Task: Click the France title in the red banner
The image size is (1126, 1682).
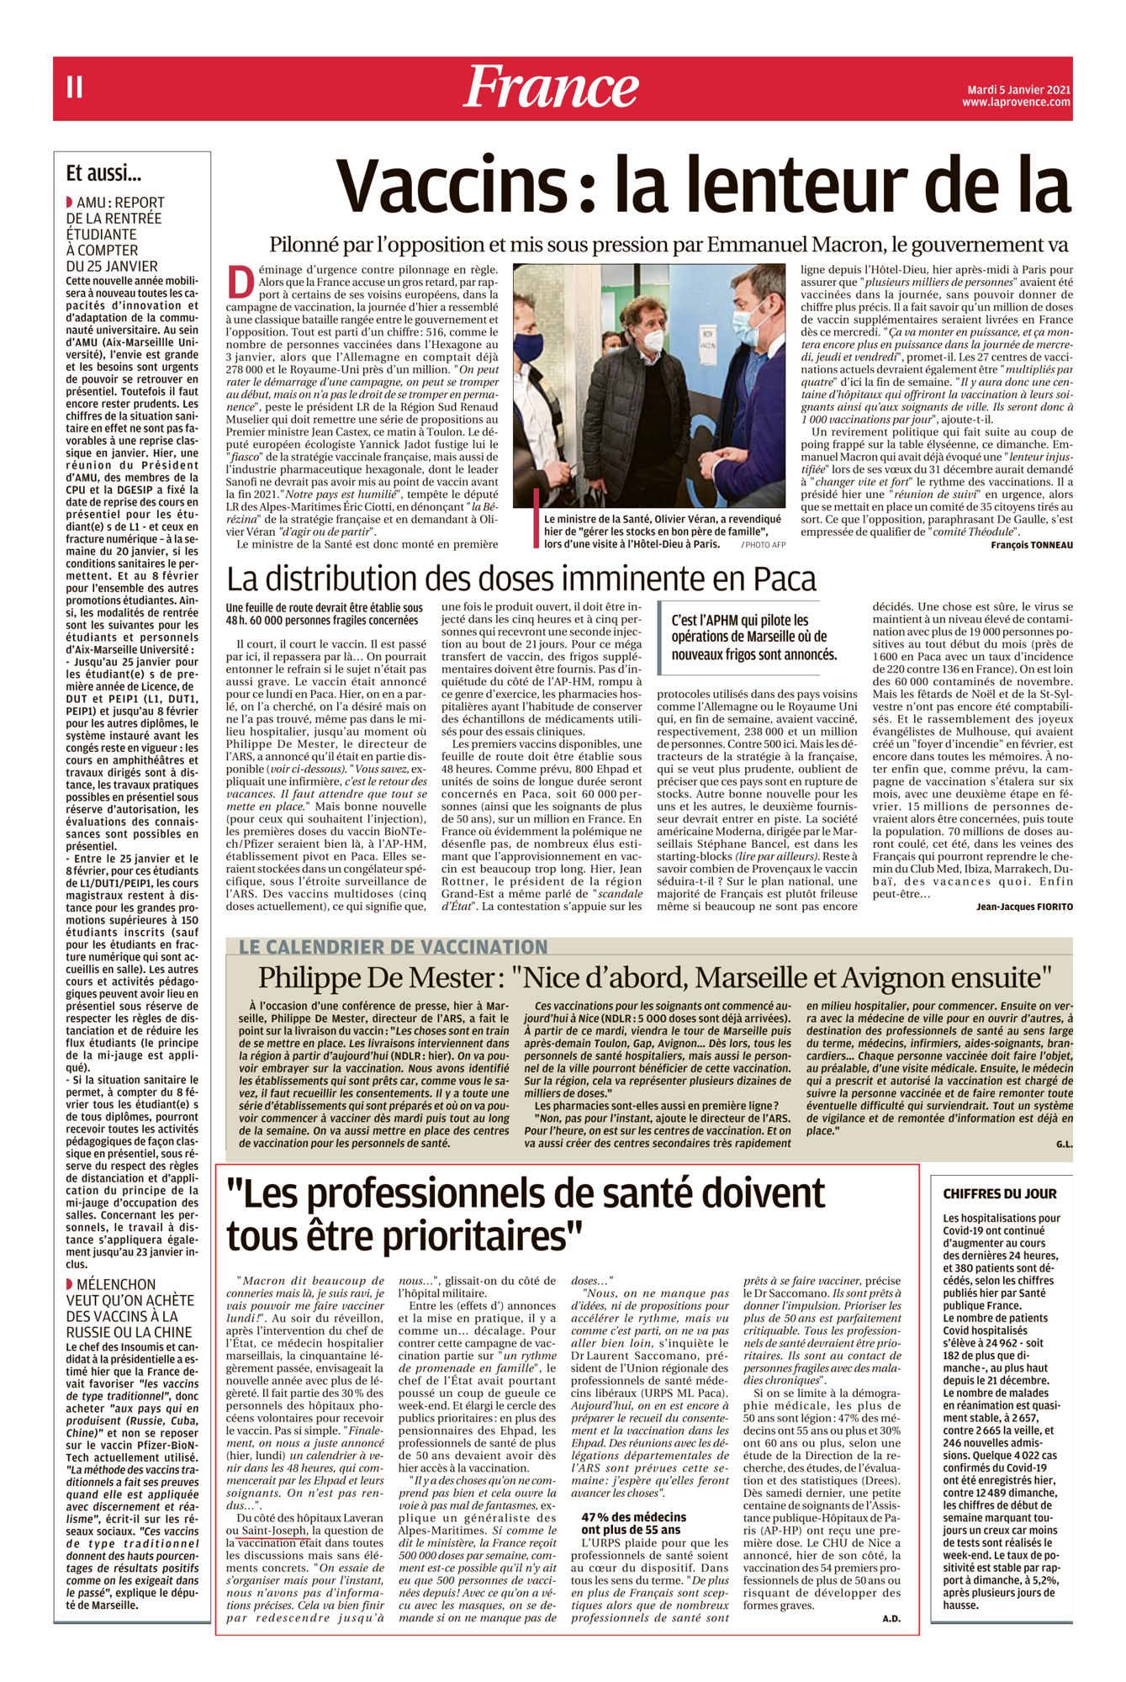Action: [551, 87]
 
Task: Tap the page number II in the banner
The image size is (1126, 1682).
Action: [75, 87]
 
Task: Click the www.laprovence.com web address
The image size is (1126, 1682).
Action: [1016, 103]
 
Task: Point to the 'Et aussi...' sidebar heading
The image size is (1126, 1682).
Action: [103, 174]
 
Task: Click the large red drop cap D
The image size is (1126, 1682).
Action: [241, 282]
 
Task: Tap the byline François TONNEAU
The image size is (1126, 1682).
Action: [1031, 544]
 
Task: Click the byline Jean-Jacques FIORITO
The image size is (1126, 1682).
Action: [1024, 907]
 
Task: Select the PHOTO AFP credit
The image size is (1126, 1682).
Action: [763, 545]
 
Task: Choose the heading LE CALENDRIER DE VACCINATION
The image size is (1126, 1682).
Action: [393, 947]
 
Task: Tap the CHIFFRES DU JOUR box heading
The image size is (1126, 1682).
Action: [999, 1193]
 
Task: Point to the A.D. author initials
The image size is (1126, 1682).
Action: [891, 1618]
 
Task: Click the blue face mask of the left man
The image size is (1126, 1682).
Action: [528, 347]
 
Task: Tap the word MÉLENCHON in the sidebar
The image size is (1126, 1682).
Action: [116, 1284]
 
